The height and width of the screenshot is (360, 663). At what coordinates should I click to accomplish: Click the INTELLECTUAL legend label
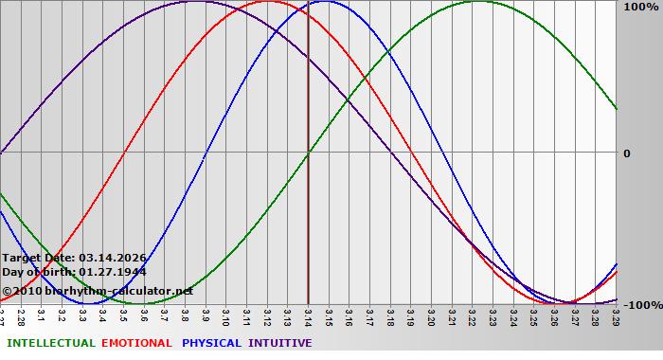coord(50,343)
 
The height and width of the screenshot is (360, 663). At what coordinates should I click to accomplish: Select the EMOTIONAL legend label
coord(136,343)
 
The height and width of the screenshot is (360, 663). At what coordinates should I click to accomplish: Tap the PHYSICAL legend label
coord(212,343)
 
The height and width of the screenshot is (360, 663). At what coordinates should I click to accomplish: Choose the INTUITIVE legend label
coord(280,343)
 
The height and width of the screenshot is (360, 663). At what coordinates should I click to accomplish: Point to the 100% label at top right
coord(640,8)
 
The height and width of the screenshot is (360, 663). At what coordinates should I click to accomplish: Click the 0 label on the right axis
coord(627,153)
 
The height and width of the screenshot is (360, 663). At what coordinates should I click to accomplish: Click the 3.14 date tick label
coord(308,314)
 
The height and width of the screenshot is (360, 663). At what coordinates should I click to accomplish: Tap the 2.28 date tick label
coord(21,314)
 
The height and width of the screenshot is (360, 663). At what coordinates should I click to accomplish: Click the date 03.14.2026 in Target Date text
coord(112,257)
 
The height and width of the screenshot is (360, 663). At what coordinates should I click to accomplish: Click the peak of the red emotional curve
coord(268,1)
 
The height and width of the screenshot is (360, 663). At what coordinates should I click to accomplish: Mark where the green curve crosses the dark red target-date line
coord(308,153)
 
